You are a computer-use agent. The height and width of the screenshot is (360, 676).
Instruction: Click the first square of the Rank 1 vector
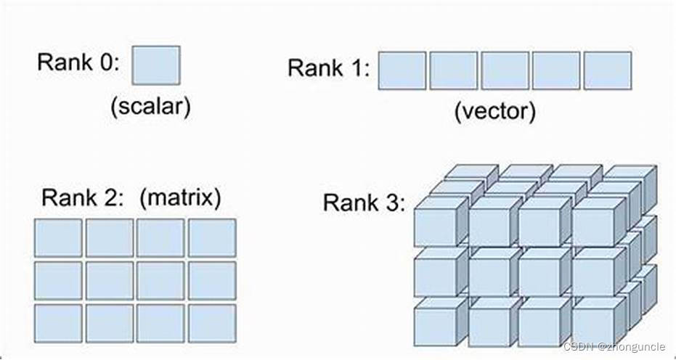402,70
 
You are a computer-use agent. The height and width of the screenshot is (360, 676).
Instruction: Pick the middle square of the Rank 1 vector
505,70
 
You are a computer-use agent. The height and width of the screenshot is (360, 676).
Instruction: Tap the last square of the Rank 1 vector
607,70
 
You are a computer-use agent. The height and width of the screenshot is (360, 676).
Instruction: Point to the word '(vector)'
495,111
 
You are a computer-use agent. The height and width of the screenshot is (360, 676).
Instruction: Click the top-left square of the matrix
58,238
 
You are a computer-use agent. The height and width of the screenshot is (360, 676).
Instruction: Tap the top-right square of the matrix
212,238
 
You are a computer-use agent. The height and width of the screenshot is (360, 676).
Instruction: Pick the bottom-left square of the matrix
58,323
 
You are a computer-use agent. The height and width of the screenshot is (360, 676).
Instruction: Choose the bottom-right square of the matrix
212,323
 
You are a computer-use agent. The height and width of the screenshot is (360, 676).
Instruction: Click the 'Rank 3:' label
364,202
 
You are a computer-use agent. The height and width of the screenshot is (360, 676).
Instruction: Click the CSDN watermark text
614,347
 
